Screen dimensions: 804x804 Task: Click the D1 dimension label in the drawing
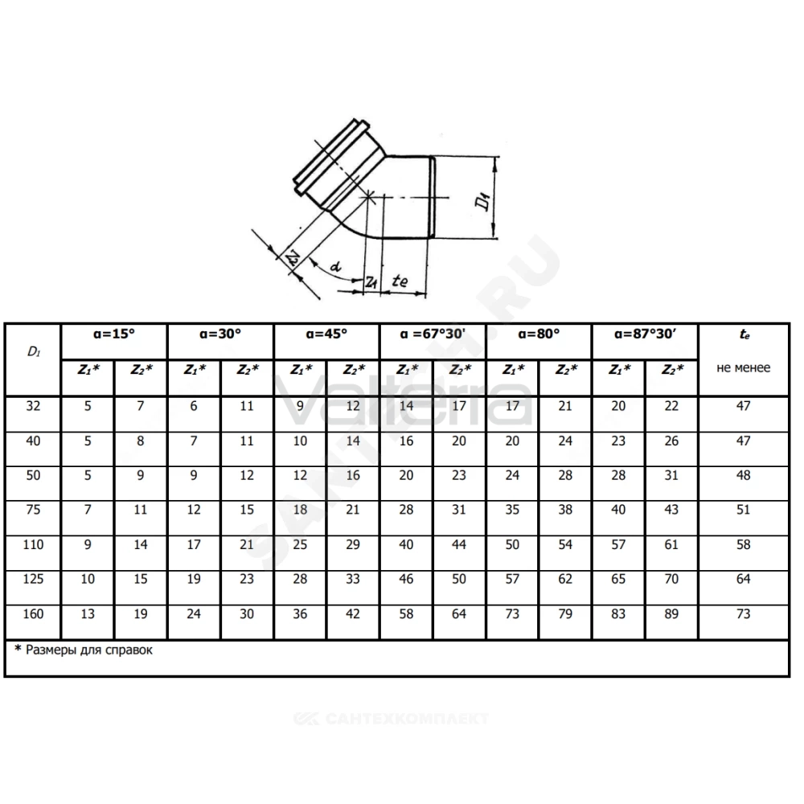click(x=483, y=200)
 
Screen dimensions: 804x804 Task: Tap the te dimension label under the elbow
click(x=400, y=281)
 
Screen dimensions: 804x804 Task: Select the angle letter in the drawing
click(x=335, y=266)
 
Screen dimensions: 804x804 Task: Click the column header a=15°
click(x=114, y=334)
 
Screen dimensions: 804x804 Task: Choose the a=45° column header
click(x=326, y=334)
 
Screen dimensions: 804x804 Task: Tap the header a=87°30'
click(x=645, y=334)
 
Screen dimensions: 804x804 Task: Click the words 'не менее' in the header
click(x=743, y=367)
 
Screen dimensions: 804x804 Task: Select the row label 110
click(x=33, y=544)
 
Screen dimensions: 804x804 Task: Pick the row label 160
click(x=33, y=613)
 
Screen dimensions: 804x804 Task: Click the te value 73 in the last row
click(x=743, y=613)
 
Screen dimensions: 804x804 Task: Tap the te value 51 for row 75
click(x=743, y=510)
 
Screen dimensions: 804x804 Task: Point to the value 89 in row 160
click(x=671, y=613)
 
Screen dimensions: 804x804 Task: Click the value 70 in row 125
click(x=671, y=579)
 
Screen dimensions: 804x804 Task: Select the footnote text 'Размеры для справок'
click(x=89, y=650)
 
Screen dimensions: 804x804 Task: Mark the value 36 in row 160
click(x=300, y=613)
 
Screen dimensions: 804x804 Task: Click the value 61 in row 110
click(x=671, y=544)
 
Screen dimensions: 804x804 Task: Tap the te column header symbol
click(x=744, y=334)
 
